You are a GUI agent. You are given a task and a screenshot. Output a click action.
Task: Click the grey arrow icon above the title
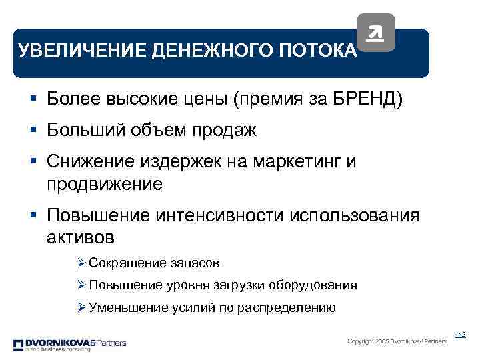pyautogui.click(x=376, y=33)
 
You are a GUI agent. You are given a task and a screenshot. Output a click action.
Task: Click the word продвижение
pyautogui.click(x=105, y=183)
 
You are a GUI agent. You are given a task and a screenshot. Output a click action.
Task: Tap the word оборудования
pyautogui.click(x=313, y=285)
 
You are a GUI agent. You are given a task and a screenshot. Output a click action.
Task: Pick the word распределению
pyautogui.click(x=291, y=308)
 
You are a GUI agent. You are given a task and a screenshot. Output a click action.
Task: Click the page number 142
pyautogui.click(x=459, y=334)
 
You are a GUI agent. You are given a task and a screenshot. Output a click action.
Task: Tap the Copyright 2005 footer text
pyautogui.click(x=397, y=341)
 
